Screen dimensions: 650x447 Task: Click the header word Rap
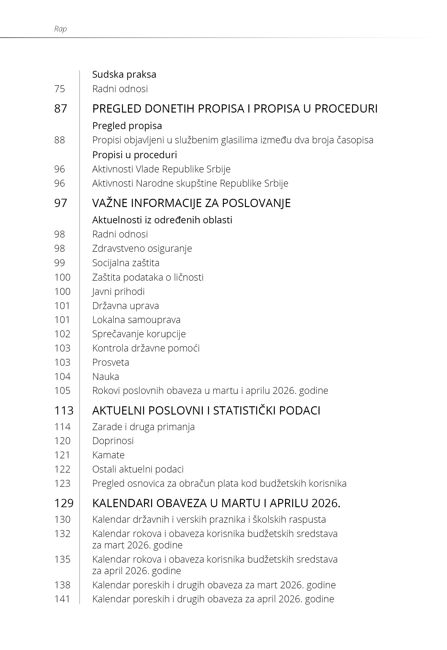[x=60, y=29]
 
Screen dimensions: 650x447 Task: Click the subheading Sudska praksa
[x=124, y=75]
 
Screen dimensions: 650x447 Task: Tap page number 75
[x=59, y=89]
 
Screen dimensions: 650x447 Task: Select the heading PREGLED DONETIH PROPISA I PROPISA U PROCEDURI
[x=235, y=109]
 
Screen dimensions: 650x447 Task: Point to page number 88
[x=59, y=140]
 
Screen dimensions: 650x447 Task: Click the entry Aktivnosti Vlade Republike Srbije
[x=161, y=169]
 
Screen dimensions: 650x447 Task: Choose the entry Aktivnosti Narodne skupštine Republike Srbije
[x=190, y=183]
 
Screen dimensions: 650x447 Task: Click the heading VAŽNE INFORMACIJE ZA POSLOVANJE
[x=191, y=203]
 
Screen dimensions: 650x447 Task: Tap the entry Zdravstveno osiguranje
[x=142, y=248]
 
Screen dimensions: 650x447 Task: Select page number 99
[x=59, y=263]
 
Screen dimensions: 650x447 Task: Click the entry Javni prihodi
[x=118, y=291]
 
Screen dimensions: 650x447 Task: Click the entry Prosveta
[x=111, y=362]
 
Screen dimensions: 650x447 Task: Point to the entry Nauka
[x=106, y=376]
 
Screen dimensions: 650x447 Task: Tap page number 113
[x=64, y=411]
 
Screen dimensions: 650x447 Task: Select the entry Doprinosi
[x=113, y=441]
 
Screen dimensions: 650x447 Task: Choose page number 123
[x=62, y=484]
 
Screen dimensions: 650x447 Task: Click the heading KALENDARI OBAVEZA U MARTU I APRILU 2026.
[x=216, y=503]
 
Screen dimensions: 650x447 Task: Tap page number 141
[x=62, y=599]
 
